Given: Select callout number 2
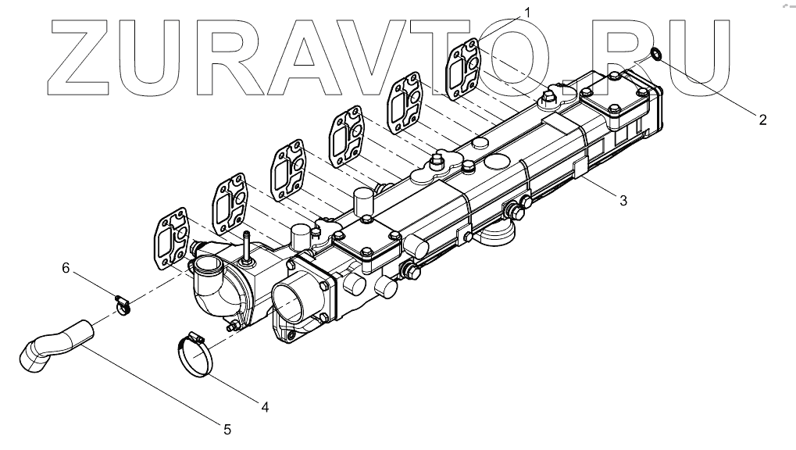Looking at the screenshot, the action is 762,120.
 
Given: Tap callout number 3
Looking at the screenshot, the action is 623,200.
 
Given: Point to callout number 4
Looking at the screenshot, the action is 265,406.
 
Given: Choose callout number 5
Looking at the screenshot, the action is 227,429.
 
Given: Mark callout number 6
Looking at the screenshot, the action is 67,268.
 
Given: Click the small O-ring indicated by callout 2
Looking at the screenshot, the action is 656,54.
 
